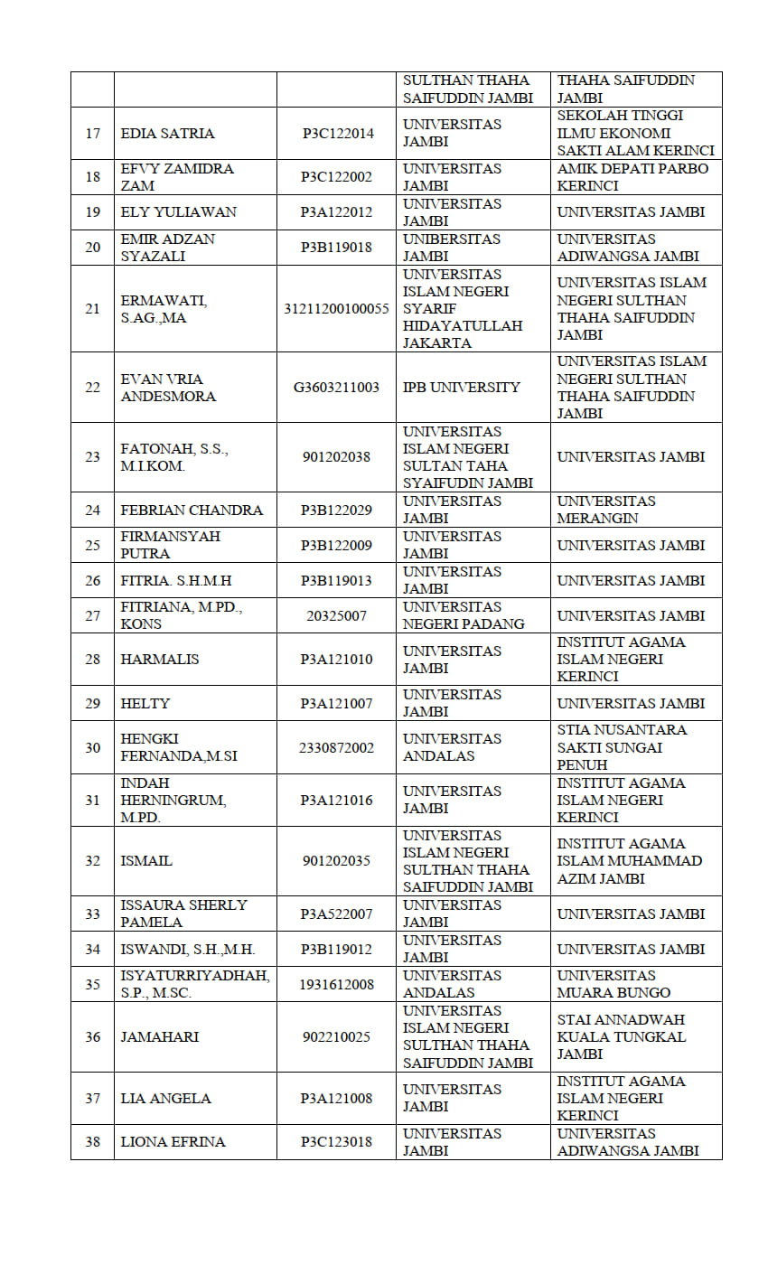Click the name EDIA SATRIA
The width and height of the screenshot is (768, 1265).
167,134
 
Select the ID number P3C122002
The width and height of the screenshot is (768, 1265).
336,177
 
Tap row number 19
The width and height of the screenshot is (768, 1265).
92,212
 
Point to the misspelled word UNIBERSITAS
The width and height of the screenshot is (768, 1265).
451,239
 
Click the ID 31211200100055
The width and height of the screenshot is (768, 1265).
336,309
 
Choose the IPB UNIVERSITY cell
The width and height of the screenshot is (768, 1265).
462,388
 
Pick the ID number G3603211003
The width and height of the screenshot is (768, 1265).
336,388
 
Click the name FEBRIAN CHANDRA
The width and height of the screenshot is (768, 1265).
192,511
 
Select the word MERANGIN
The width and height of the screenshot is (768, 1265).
597,519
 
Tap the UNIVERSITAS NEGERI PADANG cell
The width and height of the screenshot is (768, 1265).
464,615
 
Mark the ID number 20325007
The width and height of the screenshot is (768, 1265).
336,615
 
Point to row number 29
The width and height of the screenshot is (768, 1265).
92,704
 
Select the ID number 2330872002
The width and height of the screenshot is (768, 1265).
336,748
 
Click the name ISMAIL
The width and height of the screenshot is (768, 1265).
146,861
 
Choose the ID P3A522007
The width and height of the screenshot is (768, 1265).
336,914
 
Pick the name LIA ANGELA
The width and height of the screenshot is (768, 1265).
165,1099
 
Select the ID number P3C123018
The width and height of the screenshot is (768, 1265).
336,1142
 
